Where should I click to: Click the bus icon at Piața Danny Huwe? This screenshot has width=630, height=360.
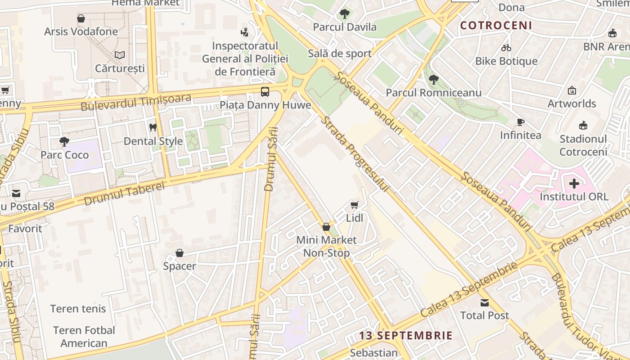coord(265,92)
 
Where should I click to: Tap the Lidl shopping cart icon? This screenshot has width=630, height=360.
coord(355,205)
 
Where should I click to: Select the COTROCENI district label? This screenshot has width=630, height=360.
coord(496,26)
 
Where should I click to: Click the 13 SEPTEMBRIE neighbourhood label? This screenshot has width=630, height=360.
coord(406,336)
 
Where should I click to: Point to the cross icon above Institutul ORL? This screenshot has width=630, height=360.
coord(574,184)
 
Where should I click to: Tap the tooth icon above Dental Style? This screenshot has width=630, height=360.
coord(153,128)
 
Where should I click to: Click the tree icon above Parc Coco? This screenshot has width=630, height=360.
coord(64,142)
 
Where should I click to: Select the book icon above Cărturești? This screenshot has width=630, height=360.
coord(120,55)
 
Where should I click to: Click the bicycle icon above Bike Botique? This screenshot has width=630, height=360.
coord(506,48)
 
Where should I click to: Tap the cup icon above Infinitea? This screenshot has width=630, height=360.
coord(521,122)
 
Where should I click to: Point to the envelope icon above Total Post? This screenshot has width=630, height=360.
coord(484,302)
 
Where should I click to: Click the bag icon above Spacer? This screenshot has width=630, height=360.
coord(180,253)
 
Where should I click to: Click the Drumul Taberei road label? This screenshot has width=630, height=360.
coord(125,194)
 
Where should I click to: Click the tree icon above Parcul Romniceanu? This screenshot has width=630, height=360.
coord(434,80)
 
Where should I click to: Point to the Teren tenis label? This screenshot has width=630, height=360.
coord(78,309)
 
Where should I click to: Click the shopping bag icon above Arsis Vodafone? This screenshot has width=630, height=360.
coord(81,18)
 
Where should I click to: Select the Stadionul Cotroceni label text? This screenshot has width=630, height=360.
coord(583,145)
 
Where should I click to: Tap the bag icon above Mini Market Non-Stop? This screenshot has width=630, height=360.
coord(326,227)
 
